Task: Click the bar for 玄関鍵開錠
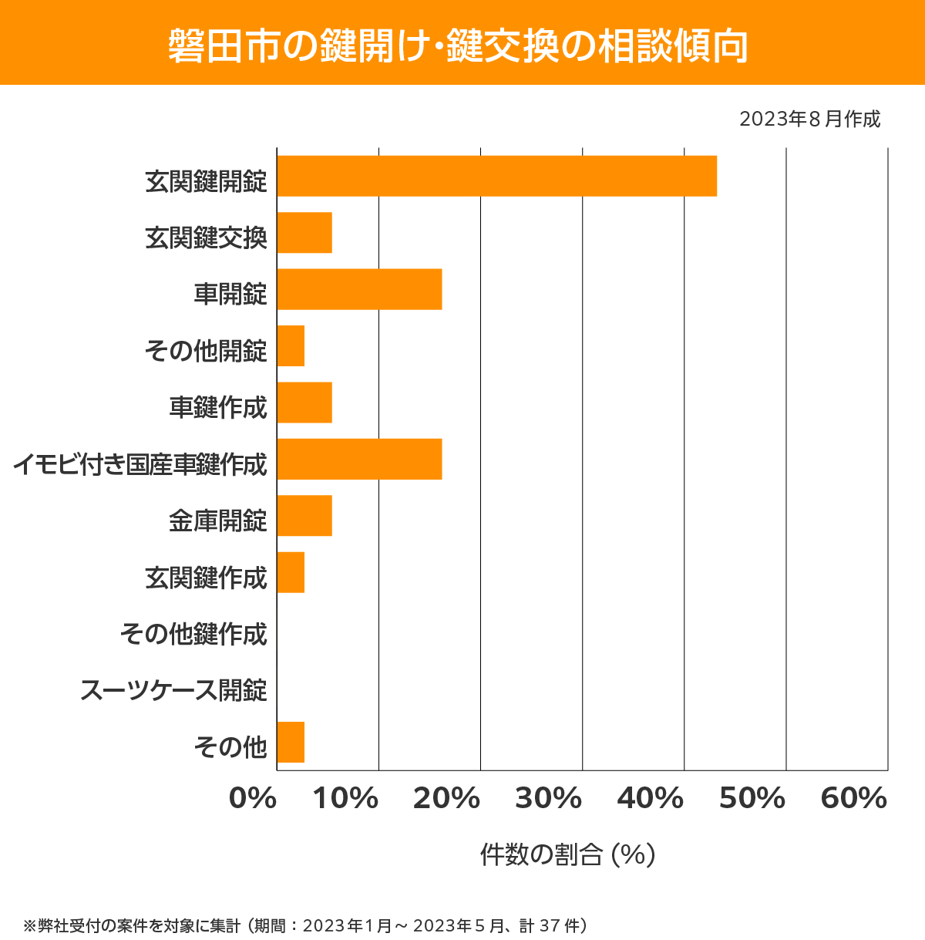point(496,176)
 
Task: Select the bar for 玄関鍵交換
point(304,233)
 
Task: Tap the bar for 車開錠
point(359,289)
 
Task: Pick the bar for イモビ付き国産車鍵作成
point(359,459)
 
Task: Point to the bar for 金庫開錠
point(304,515)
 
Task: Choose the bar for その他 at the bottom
point(291,742)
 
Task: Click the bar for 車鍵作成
point(304,403)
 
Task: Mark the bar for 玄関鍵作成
point(291,572)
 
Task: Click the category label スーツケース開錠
point(173,690)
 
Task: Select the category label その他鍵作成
point(193,634)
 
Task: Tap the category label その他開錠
point(206,351)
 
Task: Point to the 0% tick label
point(253,799)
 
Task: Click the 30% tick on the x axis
point(548,799)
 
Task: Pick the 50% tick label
point(752,799)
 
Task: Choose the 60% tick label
point(853,799)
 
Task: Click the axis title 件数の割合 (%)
point(567,854)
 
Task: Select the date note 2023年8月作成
point(809,120)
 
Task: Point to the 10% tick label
point(345,799)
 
